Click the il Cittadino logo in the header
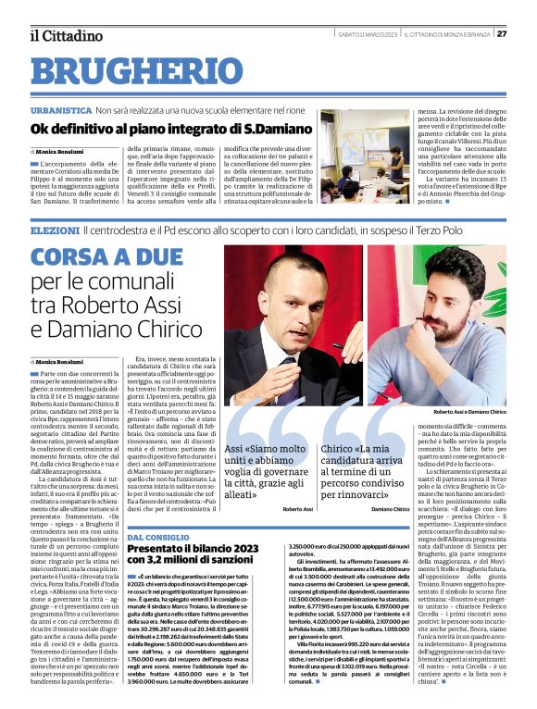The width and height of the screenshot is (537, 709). click(64, 35)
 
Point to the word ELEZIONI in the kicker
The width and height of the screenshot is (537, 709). click(55, 229)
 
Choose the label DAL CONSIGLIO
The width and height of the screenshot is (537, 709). click(156, 537)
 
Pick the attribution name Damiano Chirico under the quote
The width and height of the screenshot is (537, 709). click(390, 509)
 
